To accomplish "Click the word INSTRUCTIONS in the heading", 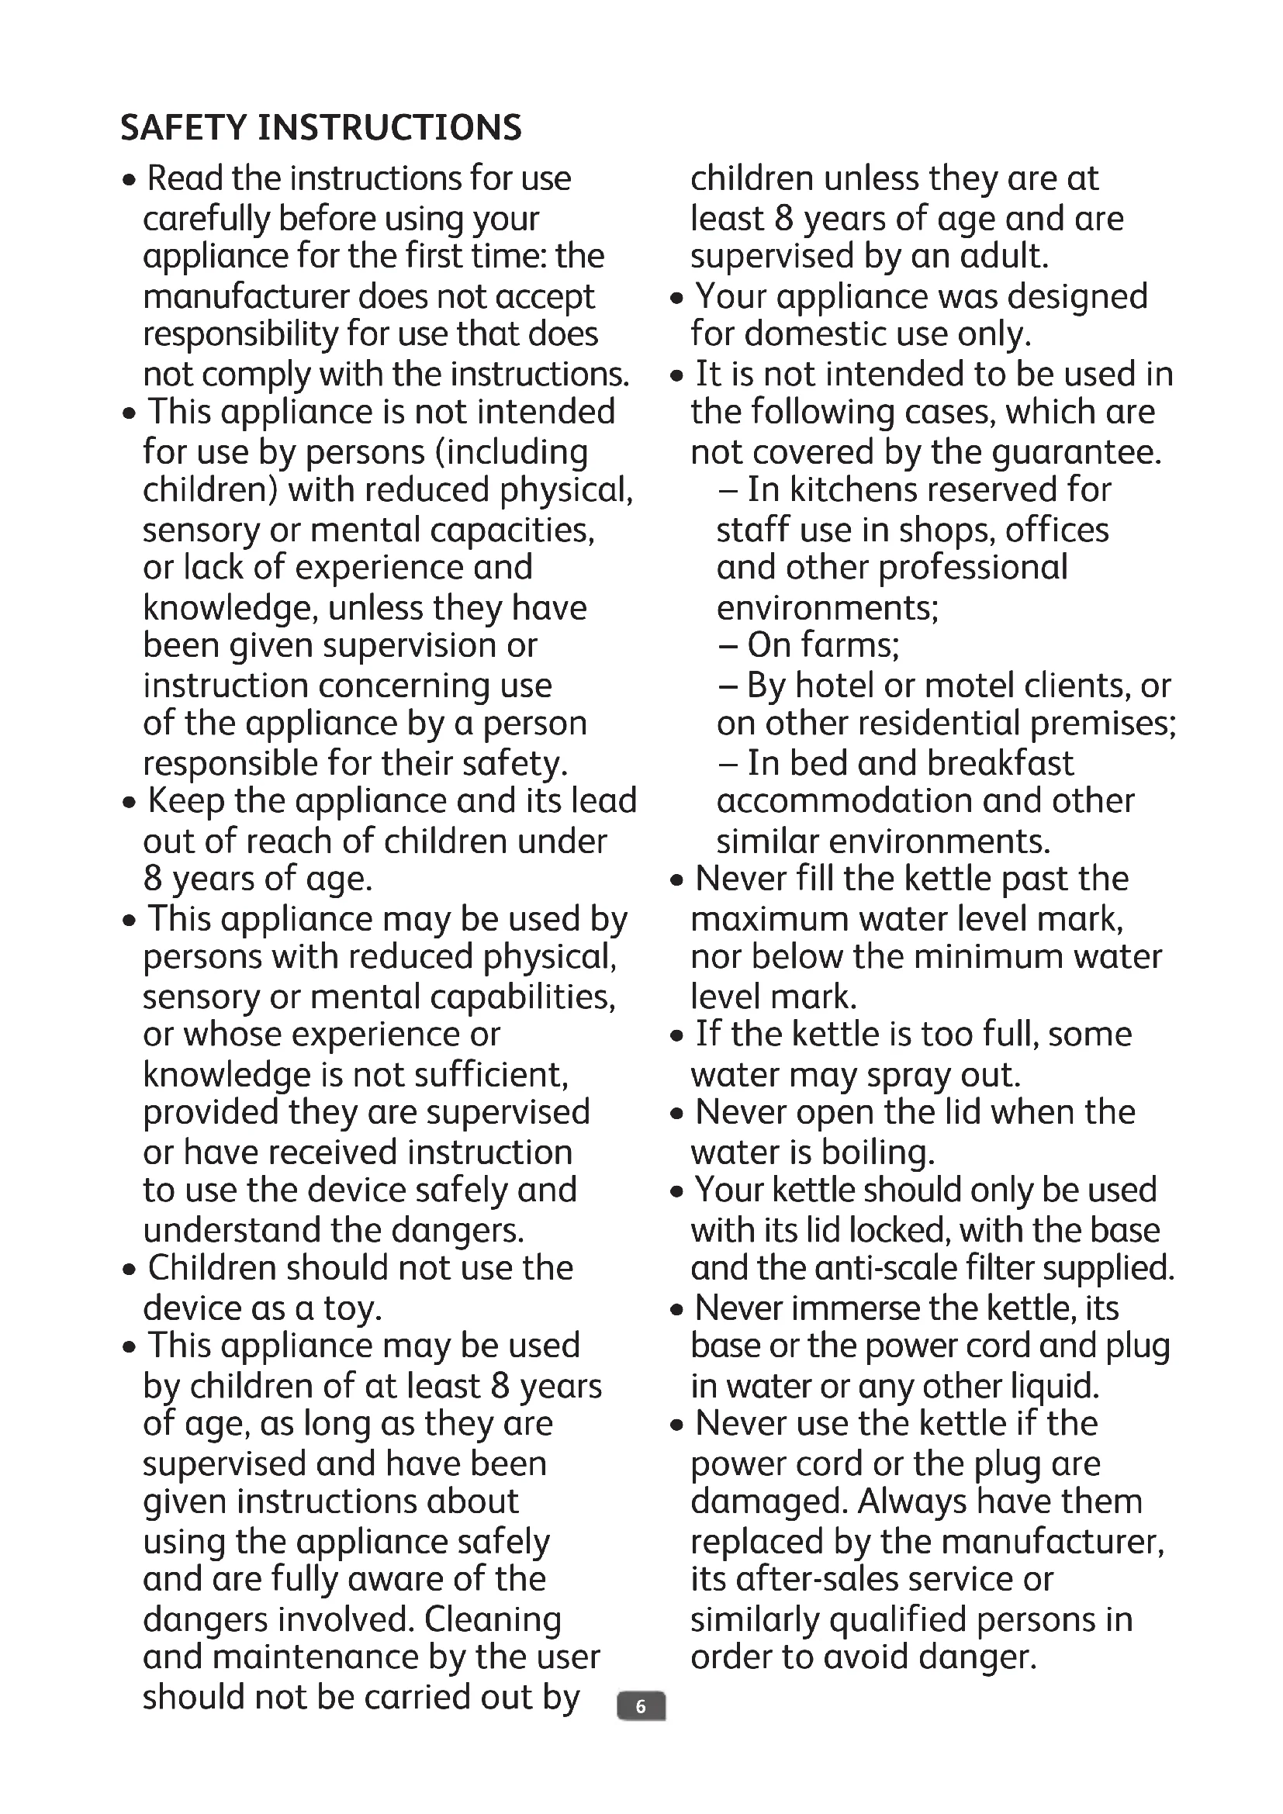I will (389, 128).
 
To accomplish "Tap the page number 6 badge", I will (641, 1706).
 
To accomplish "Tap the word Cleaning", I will (493, 1619).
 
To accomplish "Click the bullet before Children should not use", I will (130, 1270).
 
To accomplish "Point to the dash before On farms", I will (728, 645).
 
